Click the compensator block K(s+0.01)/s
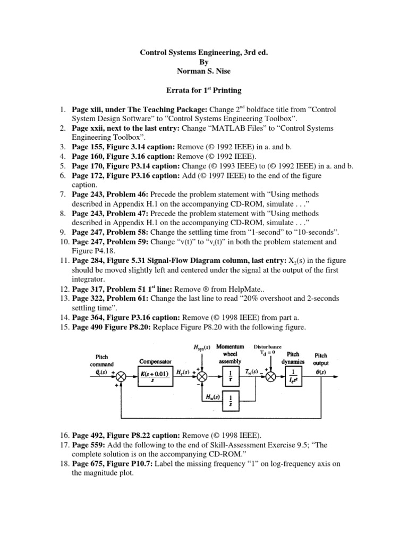click(150, 374)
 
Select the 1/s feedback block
click(230, 399)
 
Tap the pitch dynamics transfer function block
click(293, 374)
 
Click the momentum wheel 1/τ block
click(230, 374)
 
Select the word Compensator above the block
click(150, 360)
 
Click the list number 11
click(63, 260)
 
